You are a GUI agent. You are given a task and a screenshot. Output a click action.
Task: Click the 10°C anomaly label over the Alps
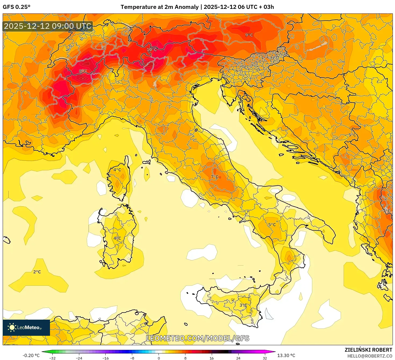(x=152, y=50)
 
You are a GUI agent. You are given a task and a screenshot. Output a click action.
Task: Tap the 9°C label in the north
(x=249, y=35)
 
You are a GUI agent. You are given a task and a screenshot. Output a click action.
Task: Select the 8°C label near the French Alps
(x=83, y=71)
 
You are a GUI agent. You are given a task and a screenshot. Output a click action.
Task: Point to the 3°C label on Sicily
(x=243, y=305)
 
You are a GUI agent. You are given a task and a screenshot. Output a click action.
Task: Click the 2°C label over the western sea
(x=37, y=272)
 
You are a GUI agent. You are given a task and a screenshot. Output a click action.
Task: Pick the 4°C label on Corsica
(x=117, y=170)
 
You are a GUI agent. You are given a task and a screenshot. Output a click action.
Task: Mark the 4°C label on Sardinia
(x=117, y=238)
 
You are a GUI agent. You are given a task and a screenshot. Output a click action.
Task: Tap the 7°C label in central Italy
(x=214, y=177)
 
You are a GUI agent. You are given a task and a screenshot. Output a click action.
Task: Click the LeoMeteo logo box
(x=26, y=327)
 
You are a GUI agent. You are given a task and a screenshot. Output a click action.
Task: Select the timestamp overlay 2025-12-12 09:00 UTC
(x=48, y=26)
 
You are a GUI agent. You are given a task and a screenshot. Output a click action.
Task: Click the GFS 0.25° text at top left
(x=16, y=7)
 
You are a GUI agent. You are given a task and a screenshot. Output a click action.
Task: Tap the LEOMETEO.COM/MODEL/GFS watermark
(x=198, y=338)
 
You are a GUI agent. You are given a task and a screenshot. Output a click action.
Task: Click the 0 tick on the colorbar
(x=159, y=358)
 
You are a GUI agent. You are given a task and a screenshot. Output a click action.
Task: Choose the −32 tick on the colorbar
(x=52, y=358)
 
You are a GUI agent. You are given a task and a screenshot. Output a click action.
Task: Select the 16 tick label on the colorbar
(x=211, y=358)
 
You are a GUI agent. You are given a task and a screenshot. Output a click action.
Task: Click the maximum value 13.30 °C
(x=286, y=355)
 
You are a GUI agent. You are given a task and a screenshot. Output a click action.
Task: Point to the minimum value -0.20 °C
(x=31, y=355)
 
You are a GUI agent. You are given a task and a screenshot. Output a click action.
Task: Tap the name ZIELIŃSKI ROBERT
(x=368, y=350)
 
